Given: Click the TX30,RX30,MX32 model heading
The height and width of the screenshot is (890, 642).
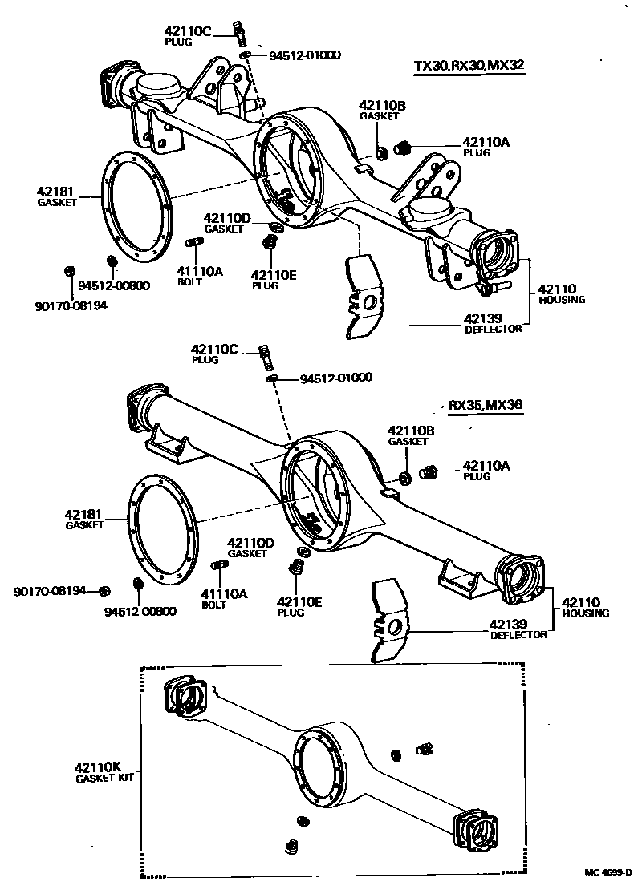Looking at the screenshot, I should click(x=469, y=66).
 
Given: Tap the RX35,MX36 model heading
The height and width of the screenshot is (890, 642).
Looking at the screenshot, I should click(x=486, y=405).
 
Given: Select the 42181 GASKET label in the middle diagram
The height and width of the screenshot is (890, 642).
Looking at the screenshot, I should click(x=85, y=518).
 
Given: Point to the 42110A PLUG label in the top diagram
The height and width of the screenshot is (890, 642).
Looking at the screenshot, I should click(x=486, y=145).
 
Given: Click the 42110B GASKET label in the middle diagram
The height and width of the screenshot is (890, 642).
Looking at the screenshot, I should click(x=410, y=435).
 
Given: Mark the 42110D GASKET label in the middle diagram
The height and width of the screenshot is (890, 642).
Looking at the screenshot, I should click(x=251, y=548).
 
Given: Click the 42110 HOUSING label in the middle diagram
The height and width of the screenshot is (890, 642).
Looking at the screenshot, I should click(x=584, y=606).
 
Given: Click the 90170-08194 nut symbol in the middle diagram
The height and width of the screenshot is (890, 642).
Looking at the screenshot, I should click(x=104, y=592).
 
